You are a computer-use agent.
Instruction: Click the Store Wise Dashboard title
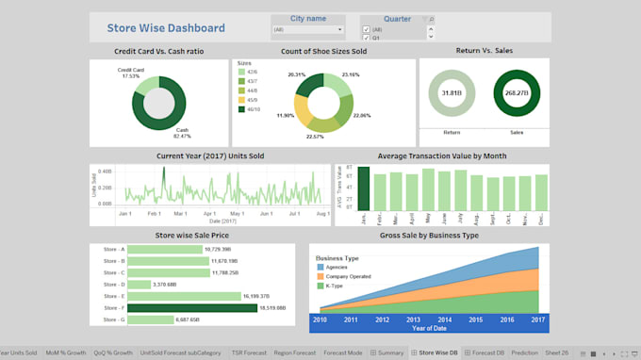(166, 28)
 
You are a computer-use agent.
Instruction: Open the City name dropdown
(306, 30)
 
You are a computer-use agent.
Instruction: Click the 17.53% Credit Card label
(130, 73)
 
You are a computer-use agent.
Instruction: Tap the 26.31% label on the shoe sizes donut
(297, 74)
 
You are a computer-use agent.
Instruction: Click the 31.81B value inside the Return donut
(452, 94)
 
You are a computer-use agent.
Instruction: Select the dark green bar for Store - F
(184, 307)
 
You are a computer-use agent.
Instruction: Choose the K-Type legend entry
(337, 286)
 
